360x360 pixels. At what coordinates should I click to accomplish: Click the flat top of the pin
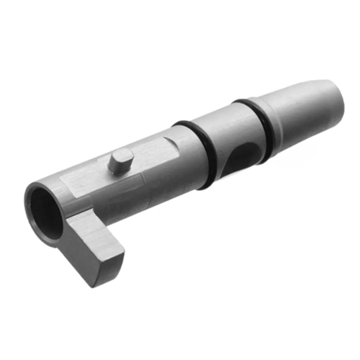[121, 154]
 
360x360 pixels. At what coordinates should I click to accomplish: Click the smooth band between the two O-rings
[227, 130]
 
